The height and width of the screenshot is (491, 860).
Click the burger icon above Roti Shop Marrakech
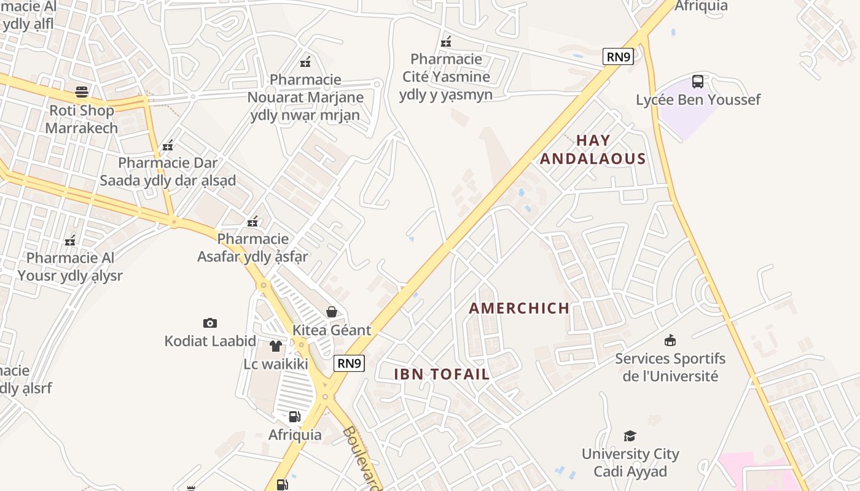pos(82,92)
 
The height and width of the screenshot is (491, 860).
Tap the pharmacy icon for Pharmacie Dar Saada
pos(168,145)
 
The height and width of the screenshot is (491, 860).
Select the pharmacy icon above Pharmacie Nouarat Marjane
pos(305,61)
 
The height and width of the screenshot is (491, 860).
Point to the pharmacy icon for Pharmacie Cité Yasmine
pos(447,42)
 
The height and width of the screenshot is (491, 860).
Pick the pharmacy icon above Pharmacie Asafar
pos(252,221)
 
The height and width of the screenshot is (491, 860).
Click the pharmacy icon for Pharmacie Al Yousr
pos(71,240)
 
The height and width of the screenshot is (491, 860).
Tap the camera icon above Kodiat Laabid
pos(210,323)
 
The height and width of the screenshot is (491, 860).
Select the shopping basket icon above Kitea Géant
pos(332,312)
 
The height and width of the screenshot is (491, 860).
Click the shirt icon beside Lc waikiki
pos(276,346)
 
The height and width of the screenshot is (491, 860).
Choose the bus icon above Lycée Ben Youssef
pos(698,81)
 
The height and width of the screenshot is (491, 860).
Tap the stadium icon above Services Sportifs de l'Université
pos(670,340)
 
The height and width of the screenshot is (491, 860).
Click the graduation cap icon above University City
pos(630,436)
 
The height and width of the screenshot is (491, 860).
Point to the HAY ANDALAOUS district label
pos(593,150)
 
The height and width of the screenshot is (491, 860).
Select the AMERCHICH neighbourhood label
pos(519,308)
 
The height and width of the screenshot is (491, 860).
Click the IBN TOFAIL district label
pos(442,374)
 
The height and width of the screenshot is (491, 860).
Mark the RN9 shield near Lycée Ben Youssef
pos(618,57)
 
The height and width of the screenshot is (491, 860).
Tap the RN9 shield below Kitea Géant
pos(350,363)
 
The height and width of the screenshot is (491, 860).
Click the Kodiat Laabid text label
pos(210,341)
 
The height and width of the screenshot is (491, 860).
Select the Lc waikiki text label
pos(276,364)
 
